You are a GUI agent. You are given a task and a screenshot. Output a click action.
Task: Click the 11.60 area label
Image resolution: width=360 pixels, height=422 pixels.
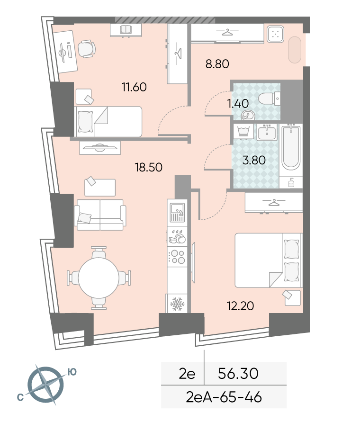(x=134, y=87)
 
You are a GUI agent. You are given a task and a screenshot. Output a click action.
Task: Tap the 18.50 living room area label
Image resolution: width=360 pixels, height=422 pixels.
(x=148, y=167)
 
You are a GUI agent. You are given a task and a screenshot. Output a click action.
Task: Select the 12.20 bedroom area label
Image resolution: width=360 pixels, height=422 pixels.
(x=240, y=306)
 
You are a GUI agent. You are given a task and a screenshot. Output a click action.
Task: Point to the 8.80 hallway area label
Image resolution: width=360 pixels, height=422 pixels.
(x=217, y=64)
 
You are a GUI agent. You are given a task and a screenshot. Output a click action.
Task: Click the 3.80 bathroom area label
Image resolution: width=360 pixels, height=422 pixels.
(x=254, y=160)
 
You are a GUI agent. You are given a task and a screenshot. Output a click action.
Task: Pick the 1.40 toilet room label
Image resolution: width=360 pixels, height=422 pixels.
(x=238, y=103)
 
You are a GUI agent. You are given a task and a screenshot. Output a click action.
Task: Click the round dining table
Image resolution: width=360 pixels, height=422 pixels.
(x=99, y=278)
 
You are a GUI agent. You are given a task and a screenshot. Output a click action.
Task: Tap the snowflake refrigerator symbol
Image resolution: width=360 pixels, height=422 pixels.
(x=177, y=304)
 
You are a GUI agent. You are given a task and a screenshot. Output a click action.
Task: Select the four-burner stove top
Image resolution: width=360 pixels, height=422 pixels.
(x=177, y=257)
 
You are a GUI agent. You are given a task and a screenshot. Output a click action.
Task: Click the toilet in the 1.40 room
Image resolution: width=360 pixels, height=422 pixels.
(x=270, y=99)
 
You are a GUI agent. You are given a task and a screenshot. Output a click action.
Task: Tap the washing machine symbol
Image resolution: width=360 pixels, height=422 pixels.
(x=243, y=132)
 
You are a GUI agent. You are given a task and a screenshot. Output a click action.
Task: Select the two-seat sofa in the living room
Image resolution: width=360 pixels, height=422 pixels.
(x=100, y=215)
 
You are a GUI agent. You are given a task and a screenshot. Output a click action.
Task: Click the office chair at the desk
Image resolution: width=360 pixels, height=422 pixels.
(x=87, y=49)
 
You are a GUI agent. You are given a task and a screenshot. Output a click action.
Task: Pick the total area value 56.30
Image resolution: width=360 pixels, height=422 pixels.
(x=238, y=373)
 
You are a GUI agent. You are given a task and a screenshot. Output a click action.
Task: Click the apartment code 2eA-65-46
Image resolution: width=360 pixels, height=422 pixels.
(x=224, y=397)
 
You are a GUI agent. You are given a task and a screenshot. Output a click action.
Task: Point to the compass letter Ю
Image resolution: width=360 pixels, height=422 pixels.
(x=72, y=372)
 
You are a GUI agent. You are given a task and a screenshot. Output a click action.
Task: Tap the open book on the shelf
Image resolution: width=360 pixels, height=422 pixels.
(x=126, y=29)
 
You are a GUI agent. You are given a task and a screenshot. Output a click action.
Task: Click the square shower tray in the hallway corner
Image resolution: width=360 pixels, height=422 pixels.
(x=275, y=34)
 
